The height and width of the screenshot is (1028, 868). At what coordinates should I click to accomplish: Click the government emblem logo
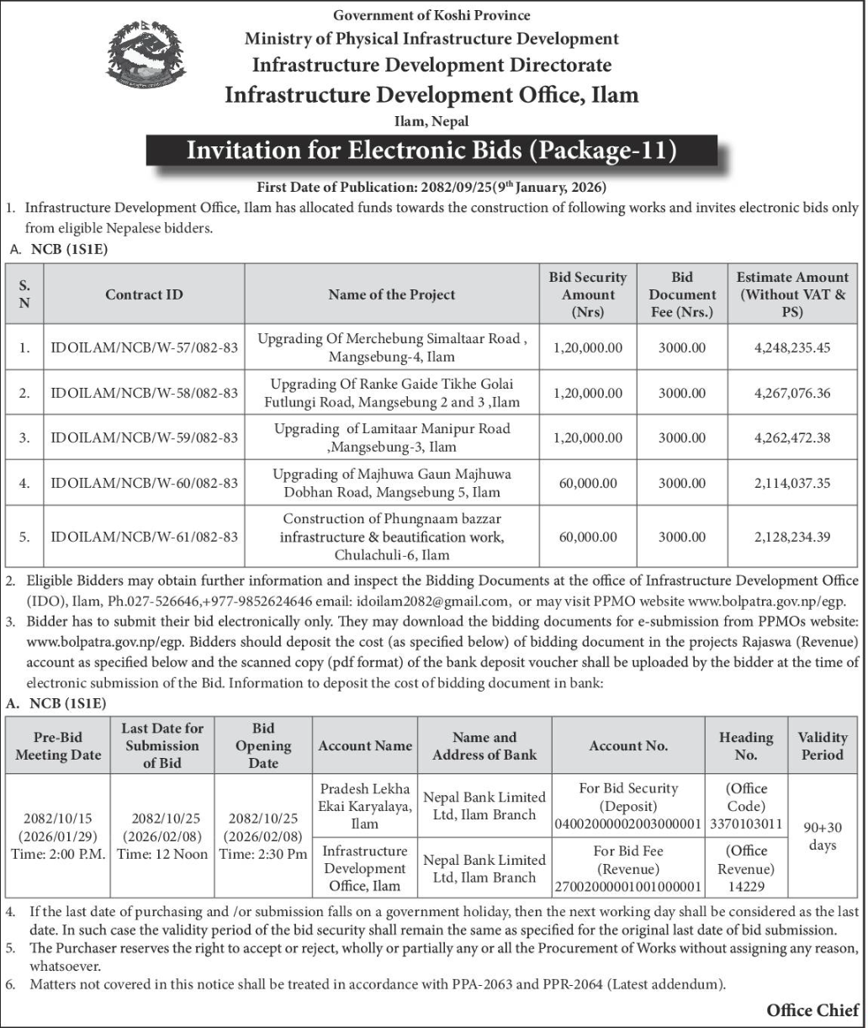coord(147,59)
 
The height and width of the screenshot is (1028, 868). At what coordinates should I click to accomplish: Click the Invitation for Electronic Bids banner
coord(431,151)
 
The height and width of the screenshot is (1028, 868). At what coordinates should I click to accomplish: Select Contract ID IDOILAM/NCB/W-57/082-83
coord(145,347)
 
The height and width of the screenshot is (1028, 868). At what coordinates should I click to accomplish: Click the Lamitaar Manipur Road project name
coord(392,437)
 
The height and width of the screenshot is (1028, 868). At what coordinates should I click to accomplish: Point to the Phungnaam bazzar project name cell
coord(392,538)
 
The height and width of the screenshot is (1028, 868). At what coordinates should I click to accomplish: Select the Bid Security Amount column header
coord(588,294)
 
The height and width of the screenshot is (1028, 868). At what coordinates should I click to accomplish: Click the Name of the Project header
coord(392,294)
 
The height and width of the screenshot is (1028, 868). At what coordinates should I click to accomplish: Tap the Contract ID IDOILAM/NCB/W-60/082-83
coord(145,483)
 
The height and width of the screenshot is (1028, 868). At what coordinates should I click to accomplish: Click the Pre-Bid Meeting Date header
coord(58,746)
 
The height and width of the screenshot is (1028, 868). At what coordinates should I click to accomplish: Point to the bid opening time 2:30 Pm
coord(263,854)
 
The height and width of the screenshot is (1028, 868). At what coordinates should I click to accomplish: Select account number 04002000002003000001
coord(627,824)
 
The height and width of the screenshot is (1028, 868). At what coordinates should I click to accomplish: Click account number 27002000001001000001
coord(627,887)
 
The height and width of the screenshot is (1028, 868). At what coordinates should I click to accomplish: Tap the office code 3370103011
coord(746,824)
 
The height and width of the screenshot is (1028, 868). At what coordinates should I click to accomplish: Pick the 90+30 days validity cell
coord(823,836)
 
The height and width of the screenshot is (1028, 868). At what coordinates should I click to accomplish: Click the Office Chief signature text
coord(812,1009)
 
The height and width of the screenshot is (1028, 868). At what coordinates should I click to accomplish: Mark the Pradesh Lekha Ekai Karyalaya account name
coord(365,806)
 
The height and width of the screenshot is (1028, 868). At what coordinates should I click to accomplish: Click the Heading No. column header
coord(746,746)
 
